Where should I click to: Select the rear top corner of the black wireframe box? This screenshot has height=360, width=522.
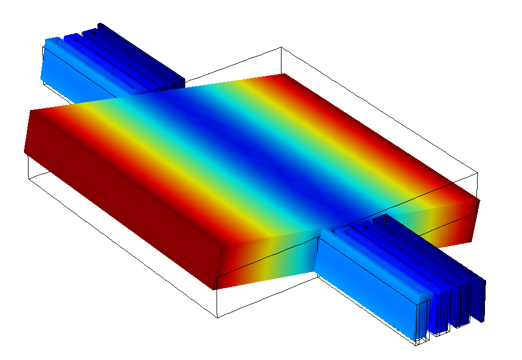281,48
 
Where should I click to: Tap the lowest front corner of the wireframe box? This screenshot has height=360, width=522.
217,318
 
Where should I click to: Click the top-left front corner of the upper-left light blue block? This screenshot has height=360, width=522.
46,41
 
